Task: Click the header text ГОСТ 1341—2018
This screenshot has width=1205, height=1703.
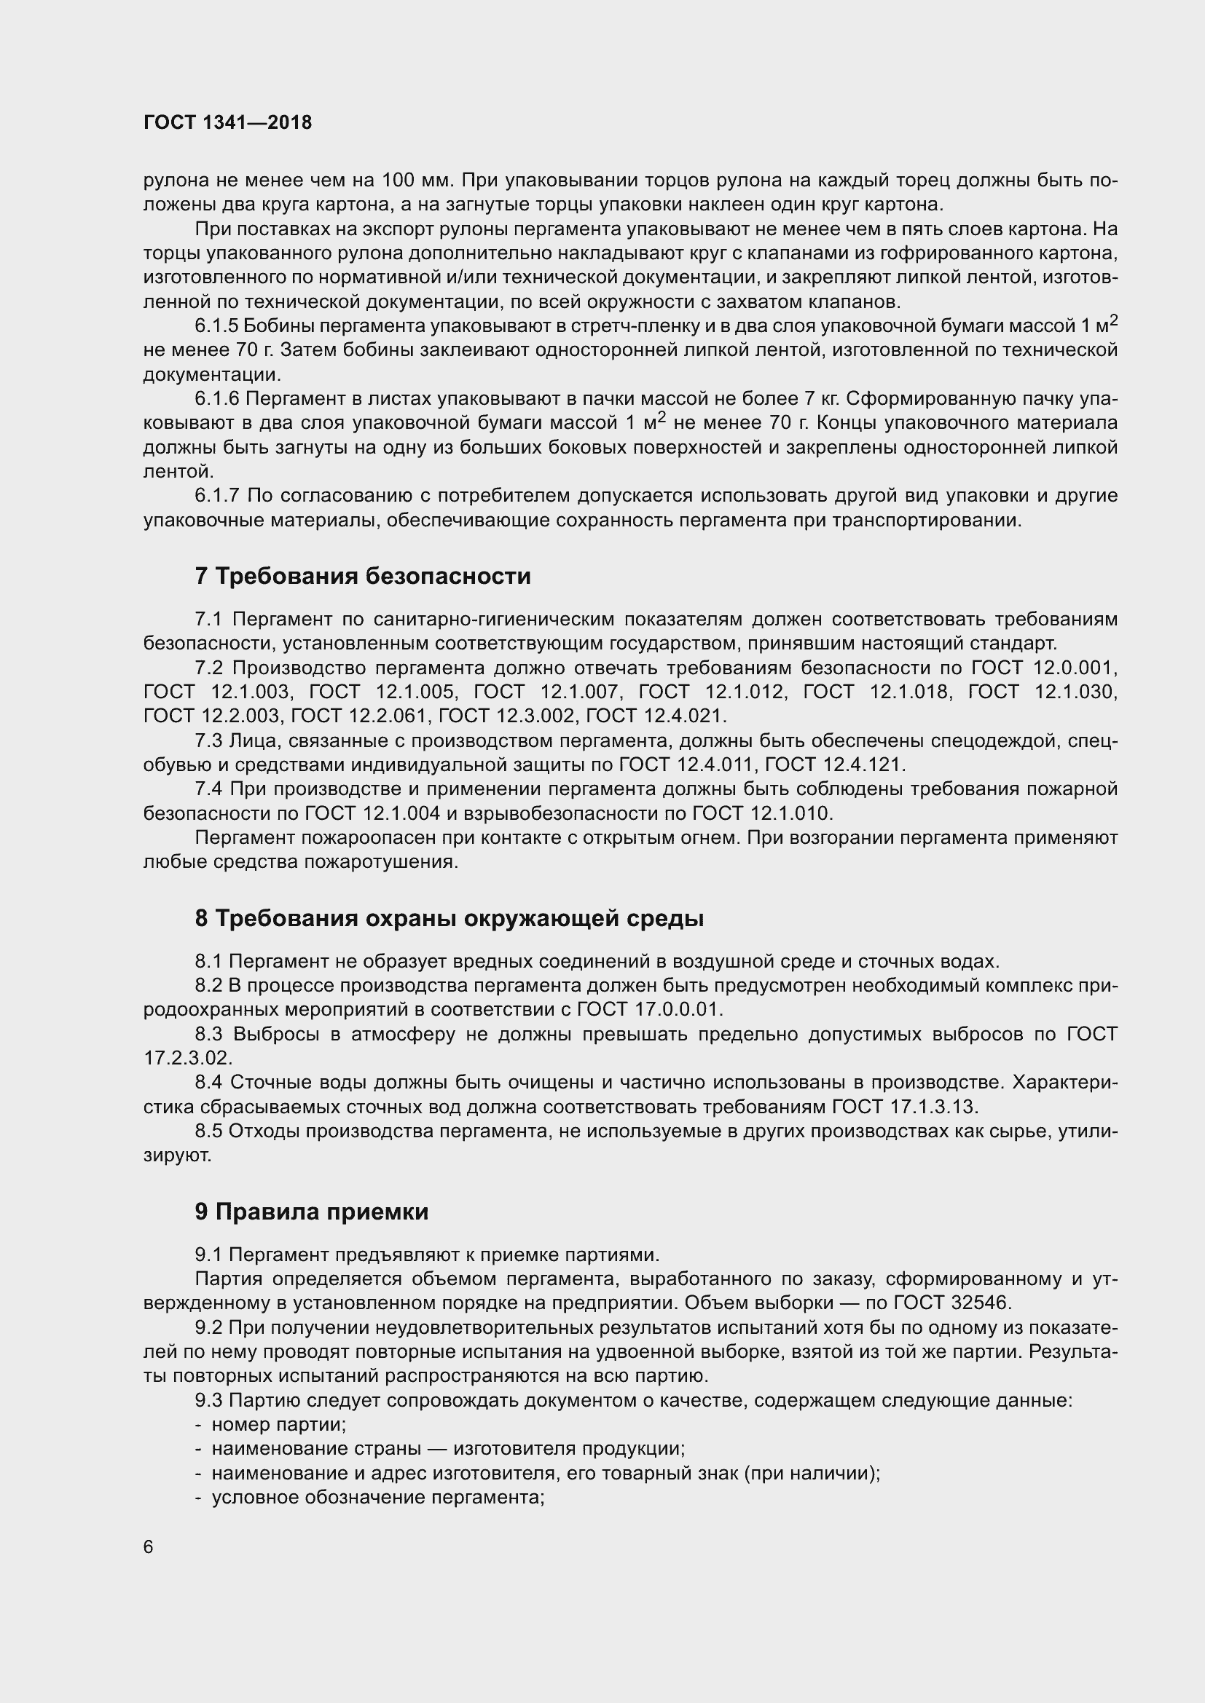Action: point(227,123)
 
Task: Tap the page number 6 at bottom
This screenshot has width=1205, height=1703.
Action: point(149,1547)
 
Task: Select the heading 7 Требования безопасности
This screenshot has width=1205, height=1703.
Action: point(363,577)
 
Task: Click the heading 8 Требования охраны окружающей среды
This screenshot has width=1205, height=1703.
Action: point(449,918)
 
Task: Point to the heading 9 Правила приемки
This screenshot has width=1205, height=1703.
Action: point(312,1212)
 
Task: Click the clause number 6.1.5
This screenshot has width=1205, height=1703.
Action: point(216,325)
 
